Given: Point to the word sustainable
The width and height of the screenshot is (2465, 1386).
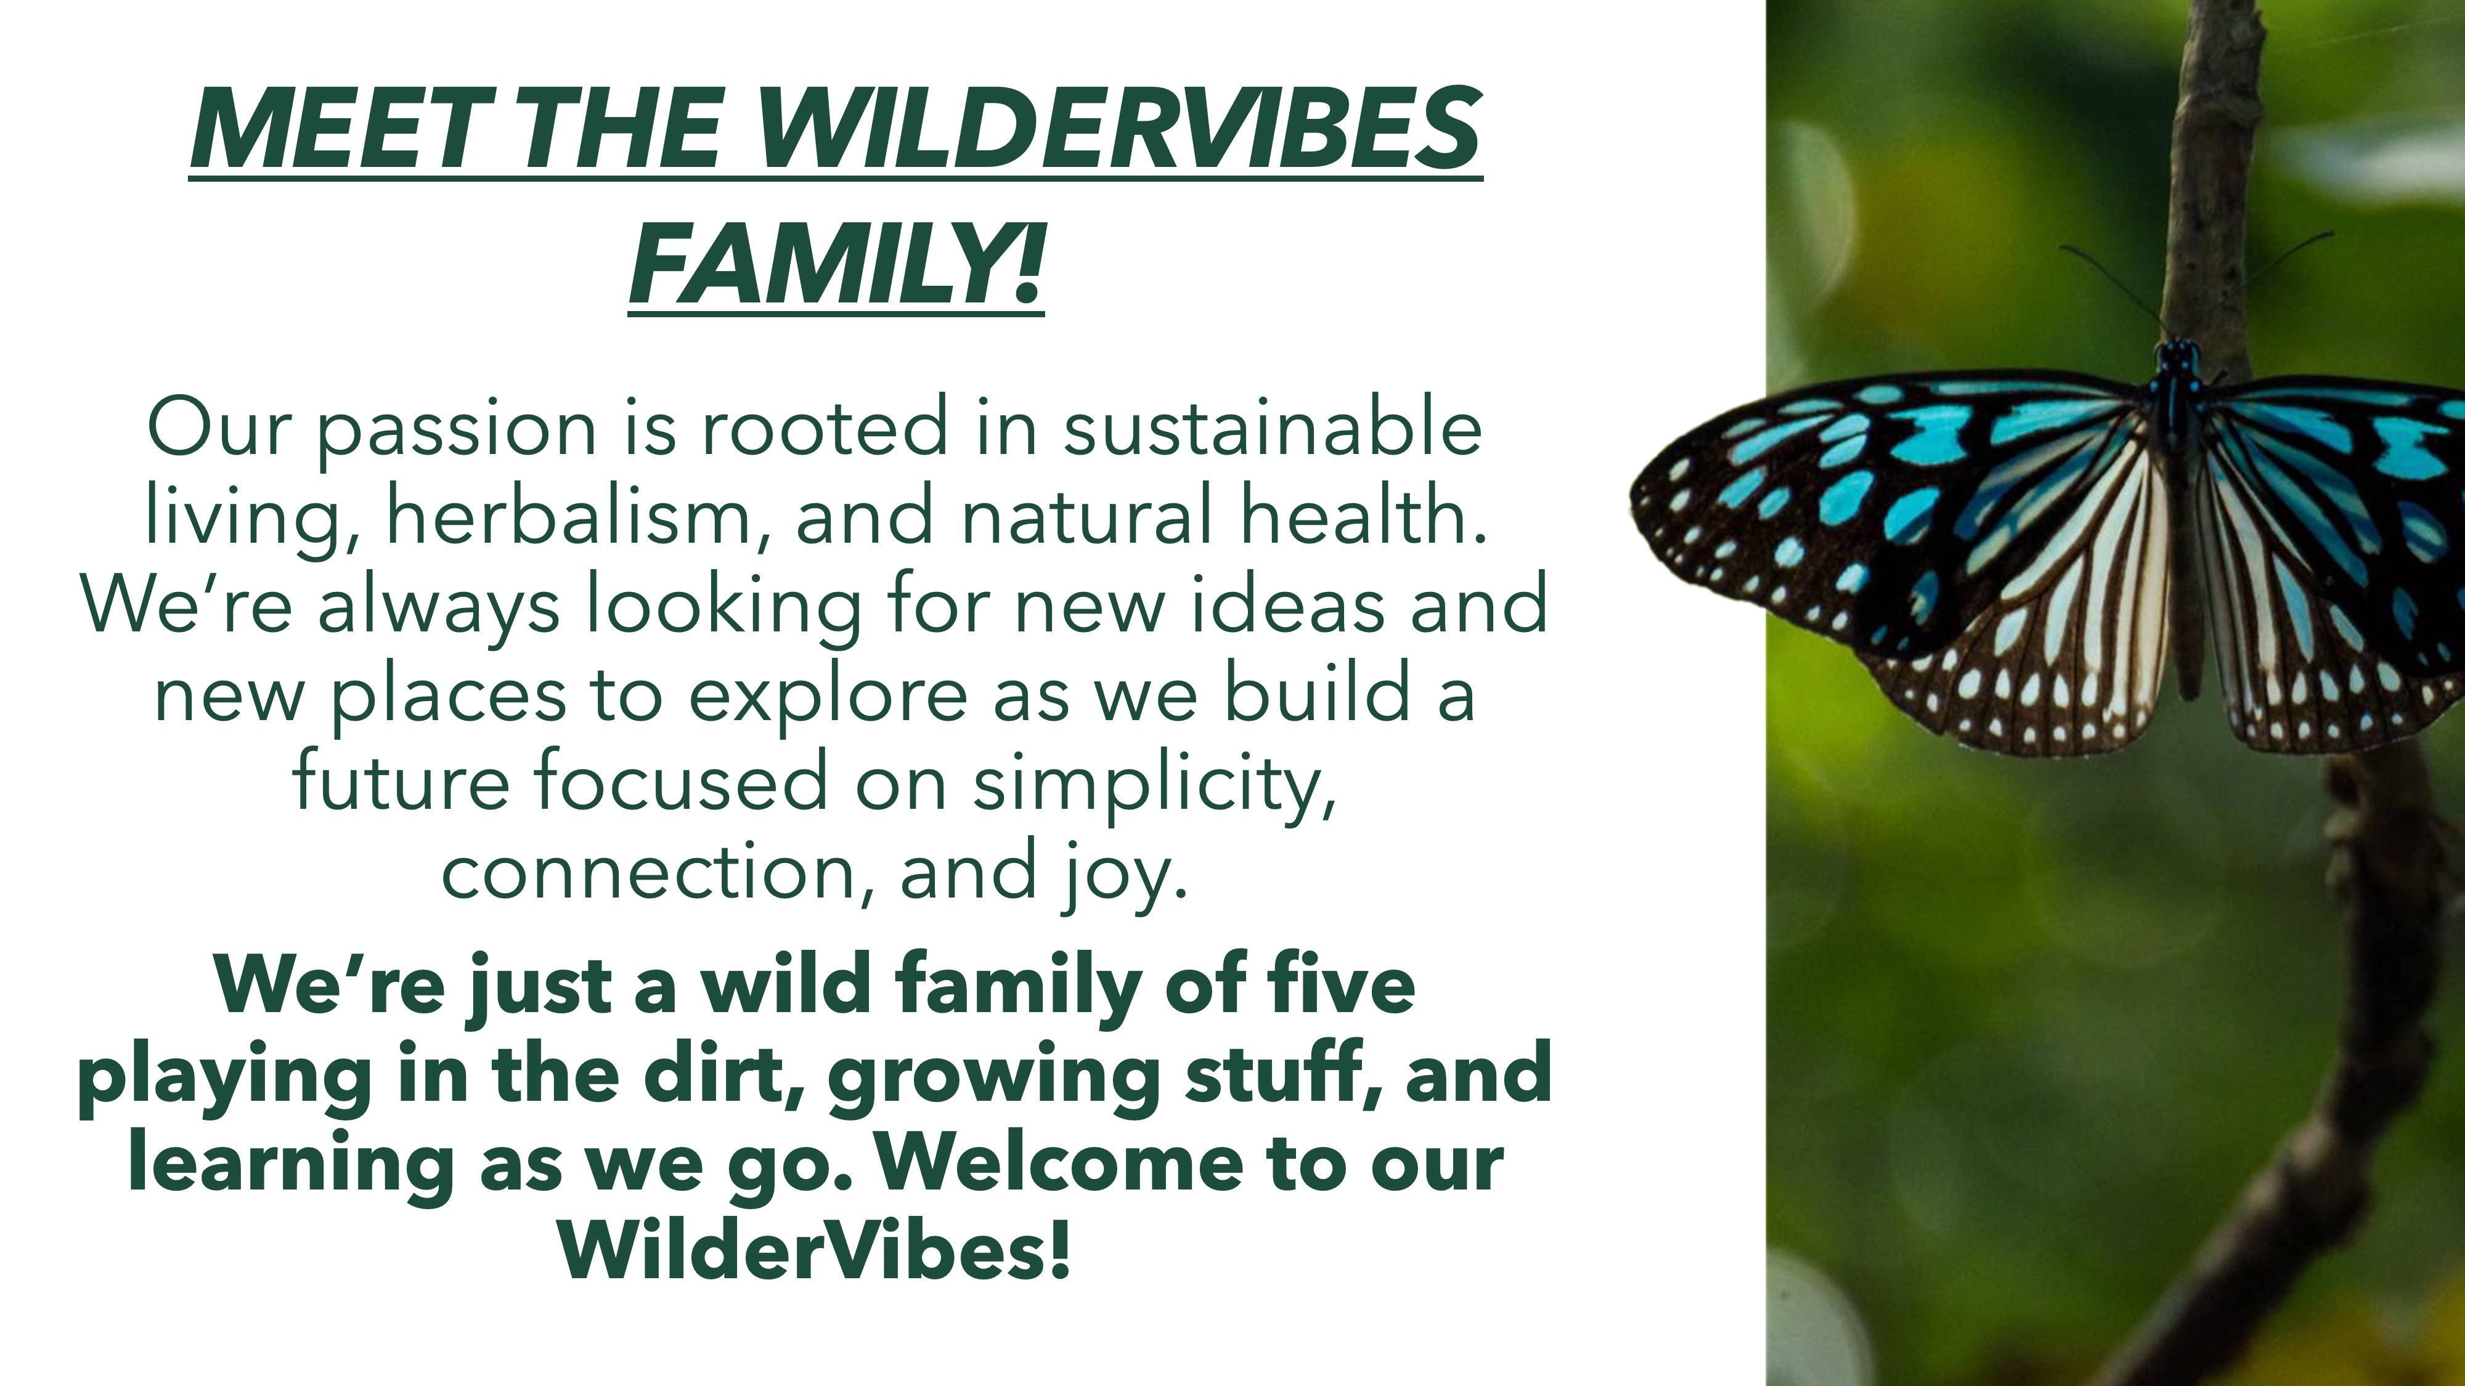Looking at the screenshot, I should point(1273,428).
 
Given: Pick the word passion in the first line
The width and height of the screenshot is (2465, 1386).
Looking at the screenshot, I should point(457,431).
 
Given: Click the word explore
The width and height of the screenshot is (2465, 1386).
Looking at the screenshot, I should point(827,696).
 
